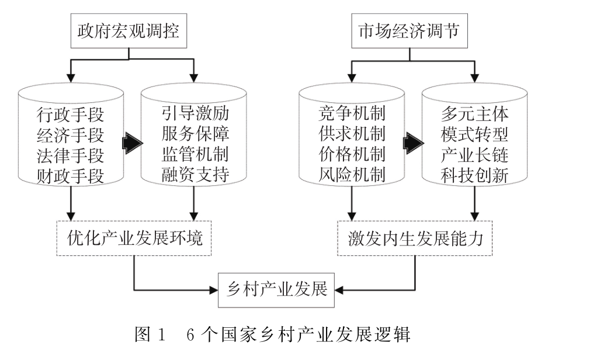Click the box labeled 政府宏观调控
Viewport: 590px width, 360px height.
[x=129, y=33]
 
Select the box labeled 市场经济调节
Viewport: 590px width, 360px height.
[x=409, y=33]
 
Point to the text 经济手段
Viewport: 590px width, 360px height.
[x=70, y=135]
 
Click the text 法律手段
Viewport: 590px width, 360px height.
[x=70, y=155]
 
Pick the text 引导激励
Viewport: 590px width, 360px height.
[x=195, y=113]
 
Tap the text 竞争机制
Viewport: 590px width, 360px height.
[x=352, y=113]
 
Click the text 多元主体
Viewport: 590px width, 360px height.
[x=475, y=113]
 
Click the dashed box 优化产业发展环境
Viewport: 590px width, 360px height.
[x=133, y=238]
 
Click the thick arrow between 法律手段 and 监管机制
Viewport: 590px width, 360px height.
[x=132, y=143]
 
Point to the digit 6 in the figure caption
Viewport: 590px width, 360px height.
[x=190, y=336]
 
